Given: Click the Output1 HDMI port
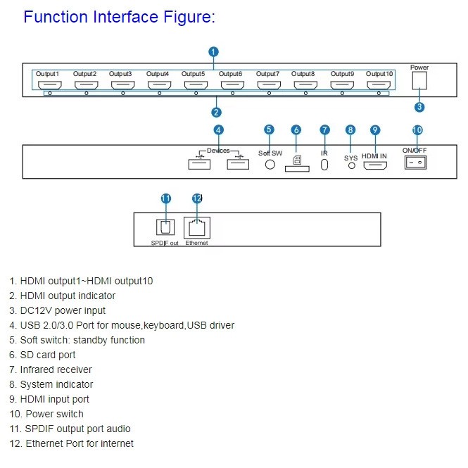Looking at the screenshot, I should point(48,84).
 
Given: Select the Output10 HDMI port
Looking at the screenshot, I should point(379,84).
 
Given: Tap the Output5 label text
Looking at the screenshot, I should point(194,74).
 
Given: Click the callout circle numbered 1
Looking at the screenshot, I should point(213,51).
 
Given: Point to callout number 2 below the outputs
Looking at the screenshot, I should point(216,112).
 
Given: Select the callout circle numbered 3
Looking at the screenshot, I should point(419,108).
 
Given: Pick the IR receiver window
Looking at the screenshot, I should point(324,164).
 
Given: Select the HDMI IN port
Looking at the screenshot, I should point(375,166).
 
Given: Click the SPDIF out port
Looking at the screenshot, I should point(165,227).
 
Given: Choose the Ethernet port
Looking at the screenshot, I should point(196,227).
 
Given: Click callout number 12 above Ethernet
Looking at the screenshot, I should point(197,198).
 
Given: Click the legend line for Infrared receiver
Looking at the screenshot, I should point(56,369).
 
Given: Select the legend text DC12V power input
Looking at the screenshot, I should point(63,310).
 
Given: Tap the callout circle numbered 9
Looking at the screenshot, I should point(375,129).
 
